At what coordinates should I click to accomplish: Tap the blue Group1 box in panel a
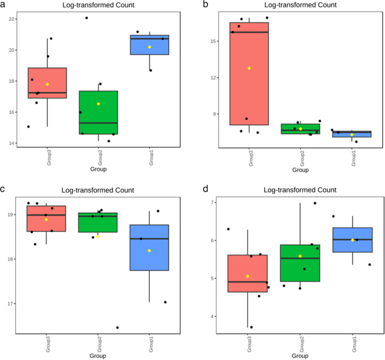pos(149,45)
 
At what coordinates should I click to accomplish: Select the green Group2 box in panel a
pos(98,112)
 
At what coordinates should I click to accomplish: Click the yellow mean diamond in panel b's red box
pos(249,69)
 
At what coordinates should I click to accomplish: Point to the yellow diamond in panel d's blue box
pos(352,240)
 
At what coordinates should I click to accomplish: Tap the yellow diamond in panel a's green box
pos(98,104)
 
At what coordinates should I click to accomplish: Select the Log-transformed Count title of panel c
pos(98,190)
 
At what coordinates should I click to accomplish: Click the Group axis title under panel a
pos(98,169)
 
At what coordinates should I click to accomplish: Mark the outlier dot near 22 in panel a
pos(87,18)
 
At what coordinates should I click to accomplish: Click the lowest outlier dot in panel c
pos(117,327)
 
